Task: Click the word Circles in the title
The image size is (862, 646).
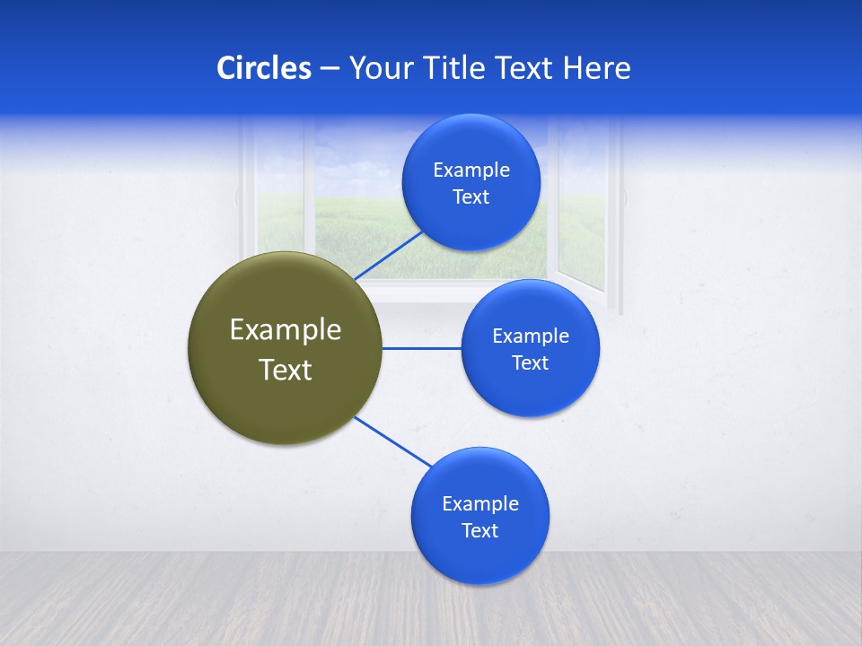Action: [x=263, y=68]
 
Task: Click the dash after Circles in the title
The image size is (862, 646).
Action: [x=330, y=69]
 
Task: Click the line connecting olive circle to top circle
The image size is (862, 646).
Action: [x=391, y=255]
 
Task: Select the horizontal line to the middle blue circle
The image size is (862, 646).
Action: [x=421, y=348]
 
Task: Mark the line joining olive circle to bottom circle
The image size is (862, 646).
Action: [x=393, y=441]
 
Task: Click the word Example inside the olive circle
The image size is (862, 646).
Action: [x=286, y=330]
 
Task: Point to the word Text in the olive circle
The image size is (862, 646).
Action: [x=286, y=370]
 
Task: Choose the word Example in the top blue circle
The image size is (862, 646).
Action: [x=471, y=170]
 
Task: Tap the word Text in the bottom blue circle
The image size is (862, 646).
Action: [x=479, y=531]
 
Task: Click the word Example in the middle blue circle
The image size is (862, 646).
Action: [x=531, y=336]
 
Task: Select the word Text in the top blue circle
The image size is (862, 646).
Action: [x=471, y=197]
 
